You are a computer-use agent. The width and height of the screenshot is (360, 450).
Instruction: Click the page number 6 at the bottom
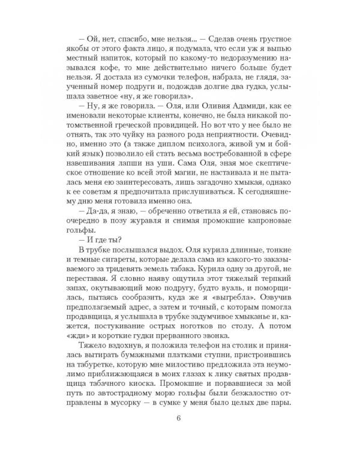click(x=180, y=418)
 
